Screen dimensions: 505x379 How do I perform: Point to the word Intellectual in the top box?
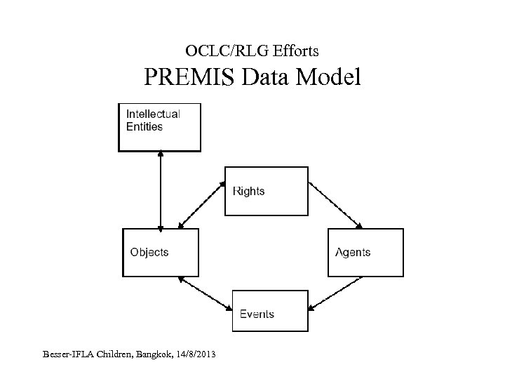153,114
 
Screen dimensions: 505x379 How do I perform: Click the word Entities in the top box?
144,127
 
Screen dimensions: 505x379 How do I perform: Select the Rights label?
248,191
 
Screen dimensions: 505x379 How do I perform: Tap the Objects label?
149,253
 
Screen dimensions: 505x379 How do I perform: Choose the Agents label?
353,253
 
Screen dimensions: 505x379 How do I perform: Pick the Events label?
257,314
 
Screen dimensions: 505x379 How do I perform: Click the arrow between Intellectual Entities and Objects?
161,189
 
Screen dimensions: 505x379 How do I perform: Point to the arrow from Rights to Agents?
335,206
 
